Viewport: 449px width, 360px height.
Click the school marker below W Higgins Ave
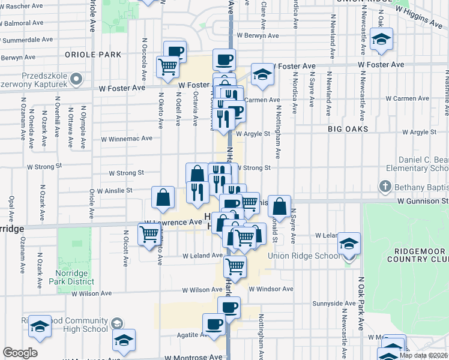coord(381,40)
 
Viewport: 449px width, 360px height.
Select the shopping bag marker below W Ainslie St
coord(163,197)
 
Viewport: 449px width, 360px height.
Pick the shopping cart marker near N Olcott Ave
coord(149,236)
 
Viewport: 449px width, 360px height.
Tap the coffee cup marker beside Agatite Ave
coord(214,325)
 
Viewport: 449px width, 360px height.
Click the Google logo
coord(20,353)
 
